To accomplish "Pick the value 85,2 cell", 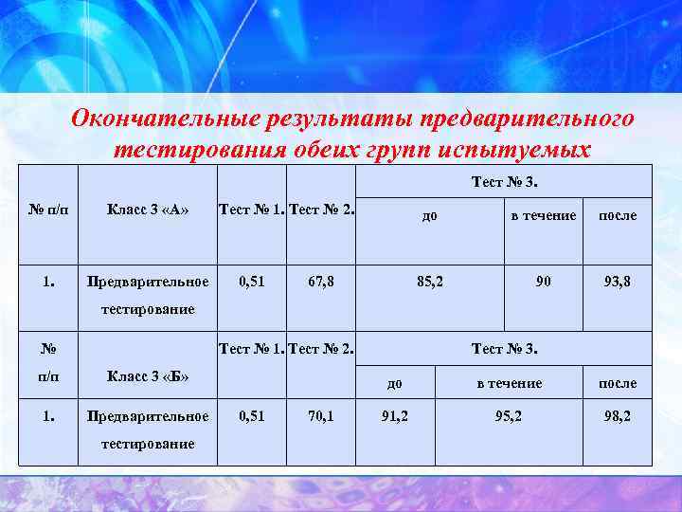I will point(431,282).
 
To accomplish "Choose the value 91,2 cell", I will point(394,415).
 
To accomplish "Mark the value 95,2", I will point(509,415).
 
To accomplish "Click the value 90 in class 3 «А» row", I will point(543,282).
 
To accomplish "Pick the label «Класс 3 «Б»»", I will point(148,375).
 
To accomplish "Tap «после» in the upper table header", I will point(617,215).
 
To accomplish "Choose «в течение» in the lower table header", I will point(509,383).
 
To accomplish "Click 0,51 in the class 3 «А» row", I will point(252,282).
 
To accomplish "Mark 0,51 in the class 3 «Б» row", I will point(252,415).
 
